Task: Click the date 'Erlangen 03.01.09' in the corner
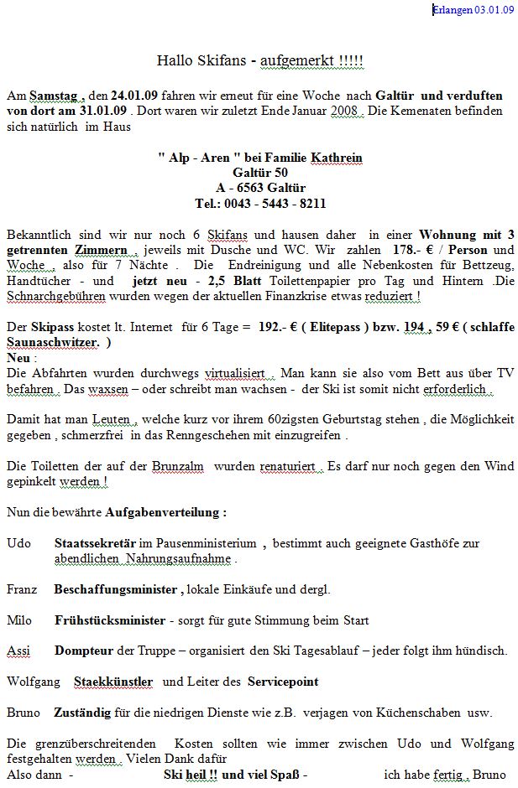(x=473, y=9)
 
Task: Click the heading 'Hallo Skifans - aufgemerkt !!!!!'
(x=260, y=60)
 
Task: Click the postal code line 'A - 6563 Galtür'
(x=260, y=188)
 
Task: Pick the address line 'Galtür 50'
(x=260, y=173)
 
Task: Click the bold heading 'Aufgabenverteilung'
(x=165, y=512)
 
